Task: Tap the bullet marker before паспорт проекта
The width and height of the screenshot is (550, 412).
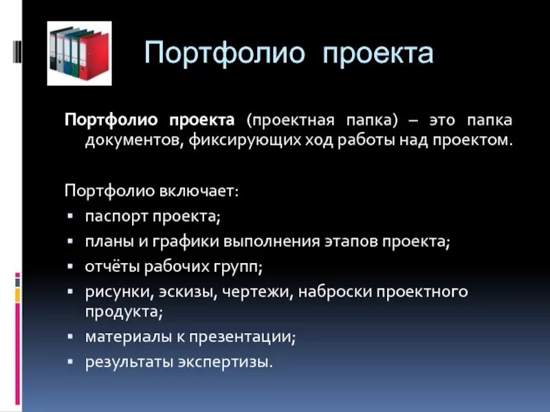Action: [70, 217]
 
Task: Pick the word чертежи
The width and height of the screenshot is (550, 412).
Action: [258, 291]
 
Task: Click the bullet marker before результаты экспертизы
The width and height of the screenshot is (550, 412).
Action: [70, 361]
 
